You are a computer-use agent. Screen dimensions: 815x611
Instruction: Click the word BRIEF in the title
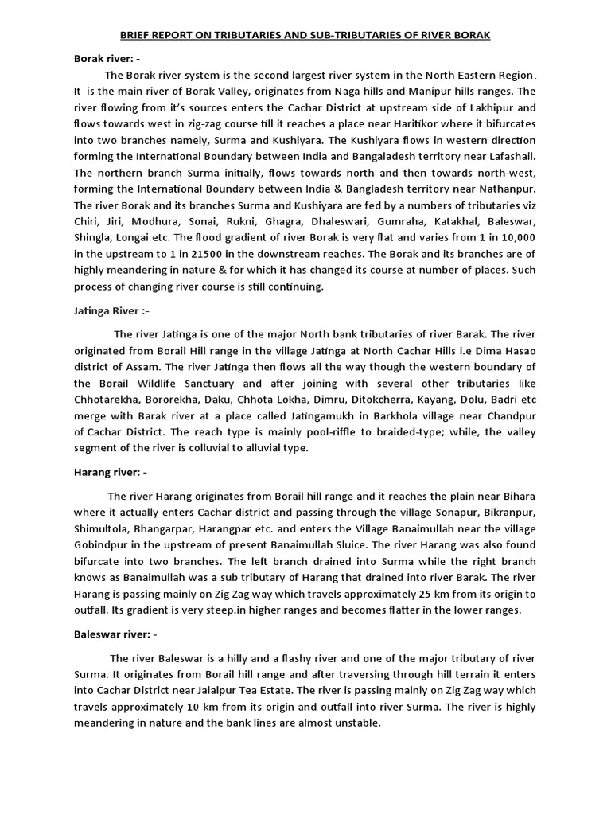click(137, 36)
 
